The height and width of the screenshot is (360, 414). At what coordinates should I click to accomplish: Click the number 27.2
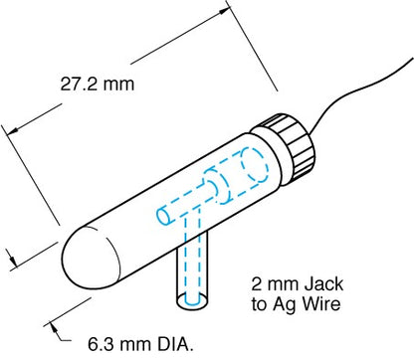[75, 85]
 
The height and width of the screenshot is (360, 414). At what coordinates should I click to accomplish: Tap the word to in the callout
[264, 305]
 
